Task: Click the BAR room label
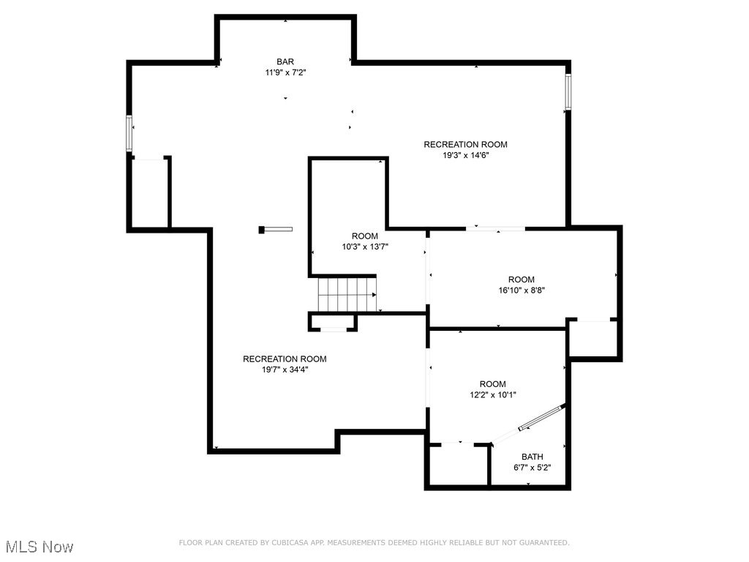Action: click(x=285, y=61)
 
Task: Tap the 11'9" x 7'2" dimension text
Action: click(x=285, y=73)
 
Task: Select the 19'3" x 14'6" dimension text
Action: click(x=465, y=155)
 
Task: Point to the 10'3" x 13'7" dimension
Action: click(x=365, y=247)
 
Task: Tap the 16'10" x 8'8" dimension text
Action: click(x=522, y=290)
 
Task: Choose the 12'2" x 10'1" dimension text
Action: click(x=492, y=395)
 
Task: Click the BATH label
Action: click(x=532, y=457)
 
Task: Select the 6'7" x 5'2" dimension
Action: click(x=532, y=468)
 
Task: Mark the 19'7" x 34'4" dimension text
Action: click(x=285, y=370)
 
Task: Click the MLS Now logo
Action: click(x=39, y=547)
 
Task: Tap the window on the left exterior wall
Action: click(x=129, y=134)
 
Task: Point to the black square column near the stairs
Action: click(x=262, y=230)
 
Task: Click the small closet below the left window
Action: click(x=149, y=194)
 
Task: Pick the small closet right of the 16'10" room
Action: click(x=593, y=339)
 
